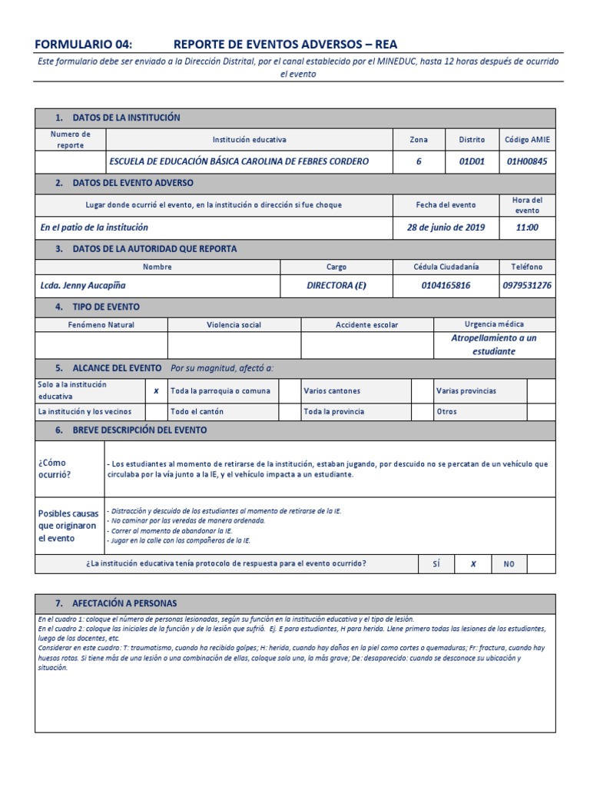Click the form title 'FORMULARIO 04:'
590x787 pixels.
tap(84, 45)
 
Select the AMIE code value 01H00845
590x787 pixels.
tap(527, 161)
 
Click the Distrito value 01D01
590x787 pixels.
tap(472, 161)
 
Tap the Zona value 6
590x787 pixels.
tap(419, 161)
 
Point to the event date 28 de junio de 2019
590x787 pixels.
tap(446, 227)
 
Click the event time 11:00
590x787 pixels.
tap(527, 227)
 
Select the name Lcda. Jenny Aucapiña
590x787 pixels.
tap(83, 285)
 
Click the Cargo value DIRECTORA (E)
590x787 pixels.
tap(336, 285)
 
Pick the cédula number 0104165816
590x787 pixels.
tap(446, 285)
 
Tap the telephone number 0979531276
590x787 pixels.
tap(527, 285)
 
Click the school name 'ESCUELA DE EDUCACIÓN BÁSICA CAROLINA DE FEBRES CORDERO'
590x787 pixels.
tap(239, 161)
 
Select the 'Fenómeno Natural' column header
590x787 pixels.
tap(101, 325)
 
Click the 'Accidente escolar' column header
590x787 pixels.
tap(367, 325)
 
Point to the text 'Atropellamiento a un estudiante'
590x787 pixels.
tap(494, 344)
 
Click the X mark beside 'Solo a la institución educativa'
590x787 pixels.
tap(156, 390)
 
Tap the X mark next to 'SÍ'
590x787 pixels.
tap(473, 564)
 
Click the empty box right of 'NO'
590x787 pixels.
tap(541, 564)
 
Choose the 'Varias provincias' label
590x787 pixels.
tap(466, 391)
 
